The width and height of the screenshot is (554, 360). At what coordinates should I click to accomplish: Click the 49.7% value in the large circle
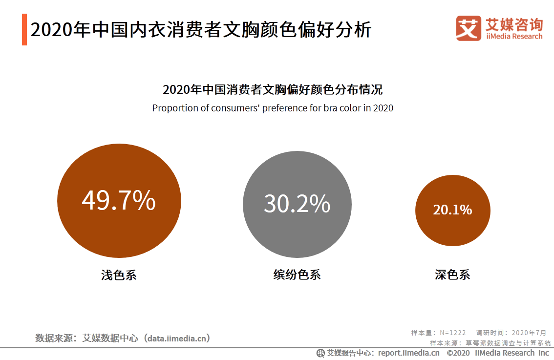pos(119,200)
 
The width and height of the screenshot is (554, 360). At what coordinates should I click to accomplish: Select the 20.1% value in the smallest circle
pos(452,210)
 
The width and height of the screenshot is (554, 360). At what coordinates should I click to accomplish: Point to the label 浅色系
pos(119,275)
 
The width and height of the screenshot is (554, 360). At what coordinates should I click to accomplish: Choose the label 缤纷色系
pos(297,275)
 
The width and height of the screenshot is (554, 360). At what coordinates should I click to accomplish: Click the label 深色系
pos(452,275)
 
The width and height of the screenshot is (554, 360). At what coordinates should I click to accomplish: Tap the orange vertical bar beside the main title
pos(24,30)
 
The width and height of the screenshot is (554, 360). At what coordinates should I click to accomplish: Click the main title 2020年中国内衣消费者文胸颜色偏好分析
pos(201,30)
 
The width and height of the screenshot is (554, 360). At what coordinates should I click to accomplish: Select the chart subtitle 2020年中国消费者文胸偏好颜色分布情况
pos(273,90)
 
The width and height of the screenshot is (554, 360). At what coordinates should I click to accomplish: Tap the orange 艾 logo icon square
pos(469,28)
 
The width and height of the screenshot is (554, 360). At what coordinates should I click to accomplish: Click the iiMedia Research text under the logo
pos(514,37)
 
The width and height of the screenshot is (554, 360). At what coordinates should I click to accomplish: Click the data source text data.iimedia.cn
pos(179,338)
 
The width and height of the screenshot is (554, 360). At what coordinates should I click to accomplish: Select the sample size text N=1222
pos(453,333)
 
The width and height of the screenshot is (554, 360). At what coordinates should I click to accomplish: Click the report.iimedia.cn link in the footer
pos(409,353)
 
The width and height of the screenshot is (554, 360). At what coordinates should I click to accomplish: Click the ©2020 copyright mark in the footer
pos(458,353)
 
